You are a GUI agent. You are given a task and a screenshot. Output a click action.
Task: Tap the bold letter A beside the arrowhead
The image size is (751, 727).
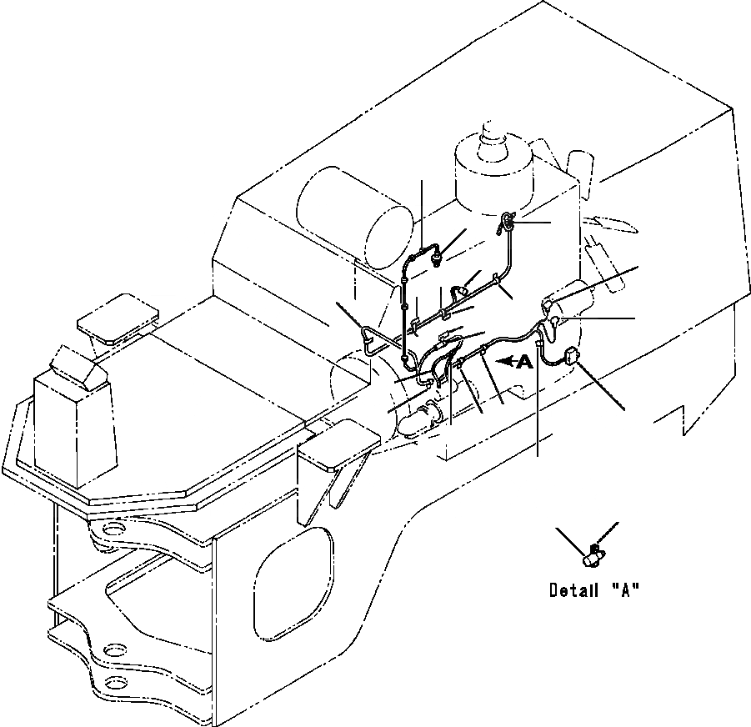[523, 361]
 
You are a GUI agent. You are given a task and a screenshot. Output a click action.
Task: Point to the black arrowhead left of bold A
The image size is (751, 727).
[503, 361]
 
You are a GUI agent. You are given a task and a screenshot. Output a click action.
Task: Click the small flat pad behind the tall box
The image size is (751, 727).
[117, 317]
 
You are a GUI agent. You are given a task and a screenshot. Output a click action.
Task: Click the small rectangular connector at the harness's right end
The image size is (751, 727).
[570, 357]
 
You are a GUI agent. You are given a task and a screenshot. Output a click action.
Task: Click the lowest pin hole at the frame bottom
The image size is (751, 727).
[117, 683]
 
